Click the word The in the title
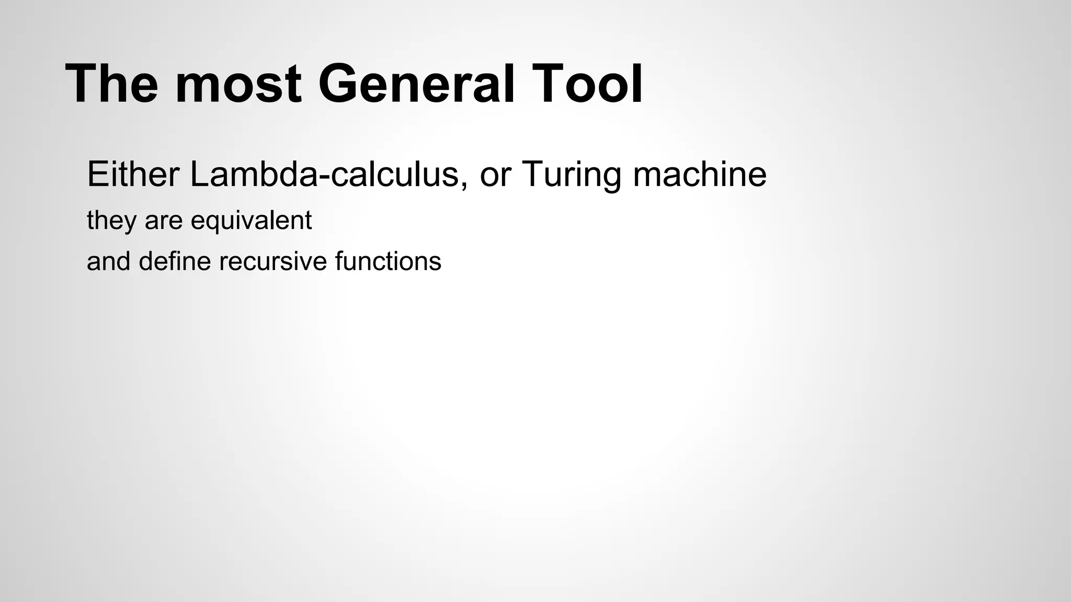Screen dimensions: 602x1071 [x=111, y=84]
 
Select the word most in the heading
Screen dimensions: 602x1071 [x=238, y=84]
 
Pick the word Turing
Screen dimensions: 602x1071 [x=573, y=175]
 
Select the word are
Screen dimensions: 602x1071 [x=163, y=221]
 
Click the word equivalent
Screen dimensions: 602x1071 [x=251, y=221]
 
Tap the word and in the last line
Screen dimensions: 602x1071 [x=108, y=261]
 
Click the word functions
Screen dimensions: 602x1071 [x=388, y=261]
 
